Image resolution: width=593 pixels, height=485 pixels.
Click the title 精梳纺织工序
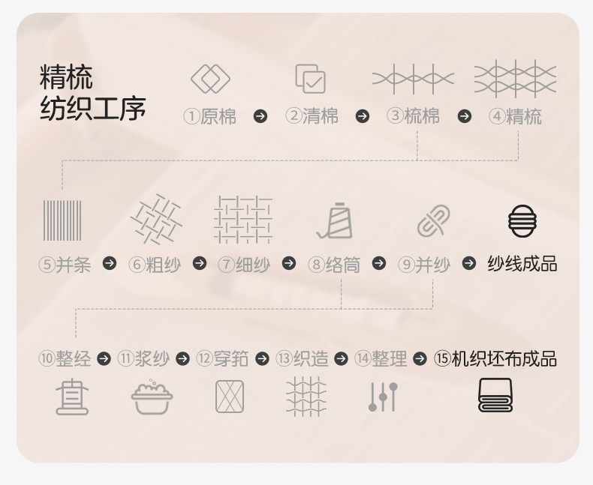[x=92, y=93]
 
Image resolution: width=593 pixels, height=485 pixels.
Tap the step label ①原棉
[x=210, y=117]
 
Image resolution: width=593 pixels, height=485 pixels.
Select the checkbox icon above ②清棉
[x=310, y=78]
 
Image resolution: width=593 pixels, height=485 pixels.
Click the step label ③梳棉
[x=414, y=117]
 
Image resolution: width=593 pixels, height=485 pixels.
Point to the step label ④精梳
[x=515, y=117]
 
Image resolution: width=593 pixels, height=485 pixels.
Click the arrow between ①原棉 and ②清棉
[x=260, y=116]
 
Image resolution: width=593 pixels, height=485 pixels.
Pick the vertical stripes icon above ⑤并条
[x=62, y=220]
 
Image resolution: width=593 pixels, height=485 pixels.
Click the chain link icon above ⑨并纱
[x=433, y=221]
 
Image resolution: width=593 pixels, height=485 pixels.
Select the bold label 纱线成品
[x=522, y=264]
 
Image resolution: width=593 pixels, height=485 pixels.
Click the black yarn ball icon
[x=522, y=221]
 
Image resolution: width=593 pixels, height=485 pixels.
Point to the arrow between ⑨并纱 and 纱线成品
[x=469, y=264]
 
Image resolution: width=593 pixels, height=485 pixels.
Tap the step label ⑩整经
[x=65, y=359]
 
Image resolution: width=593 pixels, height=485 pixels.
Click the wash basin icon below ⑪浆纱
[x=152, y=397]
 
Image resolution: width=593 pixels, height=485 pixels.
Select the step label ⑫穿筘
[x=222, y=359]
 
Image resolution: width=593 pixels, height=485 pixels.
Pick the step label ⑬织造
[x=302, y=359]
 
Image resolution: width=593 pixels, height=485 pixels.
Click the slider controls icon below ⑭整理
[x=383, y=397]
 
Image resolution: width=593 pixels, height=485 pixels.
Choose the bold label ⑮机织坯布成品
[x=495, y=359]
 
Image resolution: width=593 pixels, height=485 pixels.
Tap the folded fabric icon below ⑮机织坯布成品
[x=495, y=396]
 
